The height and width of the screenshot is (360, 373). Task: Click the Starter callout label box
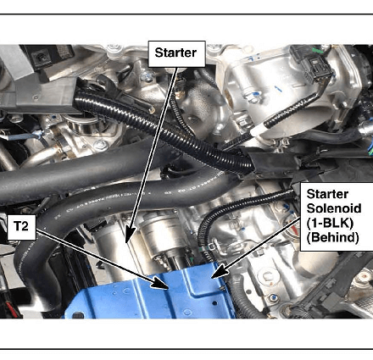[x=176, y=54]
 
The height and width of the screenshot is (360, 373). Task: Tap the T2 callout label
[x=21, y=227]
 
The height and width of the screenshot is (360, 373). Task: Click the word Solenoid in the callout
[x=334, y=208]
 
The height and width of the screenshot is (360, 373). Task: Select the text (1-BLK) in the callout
[x=330, y=223]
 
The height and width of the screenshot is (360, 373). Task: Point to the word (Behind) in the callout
[x=332, y=237]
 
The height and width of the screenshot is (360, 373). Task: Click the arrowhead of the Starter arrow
[x=129, y=235]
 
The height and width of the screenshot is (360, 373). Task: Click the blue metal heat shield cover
[x=153, y=296]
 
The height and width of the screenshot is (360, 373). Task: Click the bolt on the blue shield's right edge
[x=222, y=287]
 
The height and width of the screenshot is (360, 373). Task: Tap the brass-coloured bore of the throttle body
[x=231, y=99]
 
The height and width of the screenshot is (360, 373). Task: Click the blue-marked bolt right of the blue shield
[x=272, y=297]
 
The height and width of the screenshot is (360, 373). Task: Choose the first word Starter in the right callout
[x=327, y=194]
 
